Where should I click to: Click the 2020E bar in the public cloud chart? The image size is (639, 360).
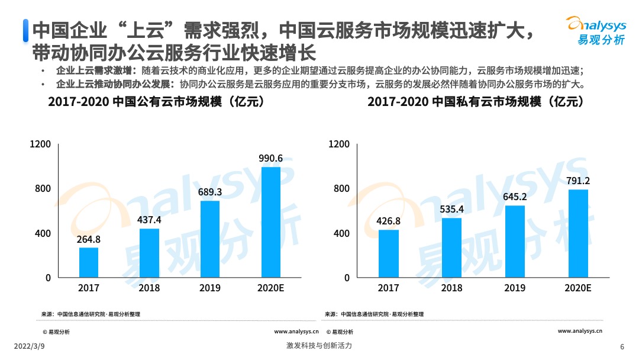[x=270, y=222]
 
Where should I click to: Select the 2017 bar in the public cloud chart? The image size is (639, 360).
[x=88, y=262]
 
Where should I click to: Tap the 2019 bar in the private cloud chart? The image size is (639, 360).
[x=515, y=242]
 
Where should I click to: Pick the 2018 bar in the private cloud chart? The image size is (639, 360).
[x=451, y=247]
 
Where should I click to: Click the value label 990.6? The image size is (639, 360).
[x=271, y=158]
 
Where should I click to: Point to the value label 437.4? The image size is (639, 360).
[x=149, y=220]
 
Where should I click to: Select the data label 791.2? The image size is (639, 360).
[x=578, y=181]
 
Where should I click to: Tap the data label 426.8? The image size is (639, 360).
[x=388, y=221]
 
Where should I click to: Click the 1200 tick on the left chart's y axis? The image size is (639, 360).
[x=41, y=144]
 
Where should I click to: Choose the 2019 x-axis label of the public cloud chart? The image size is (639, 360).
[x=210, y=288]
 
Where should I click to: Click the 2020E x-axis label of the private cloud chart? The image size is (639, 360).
[x=578, y=288]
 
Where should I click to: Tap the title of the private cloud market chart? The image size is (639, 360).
[x=476, y=102]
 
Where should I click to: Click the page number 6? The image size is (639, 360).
[x=622, y=346]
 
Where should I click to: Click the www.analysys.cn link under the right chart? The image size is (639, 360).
[x=580, y=331]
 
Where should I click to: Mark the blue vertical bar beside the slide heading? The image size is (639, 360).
[x=25, y=30]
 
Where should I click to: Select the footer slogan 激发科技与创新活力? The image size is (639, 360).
[x=319, y=346]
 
